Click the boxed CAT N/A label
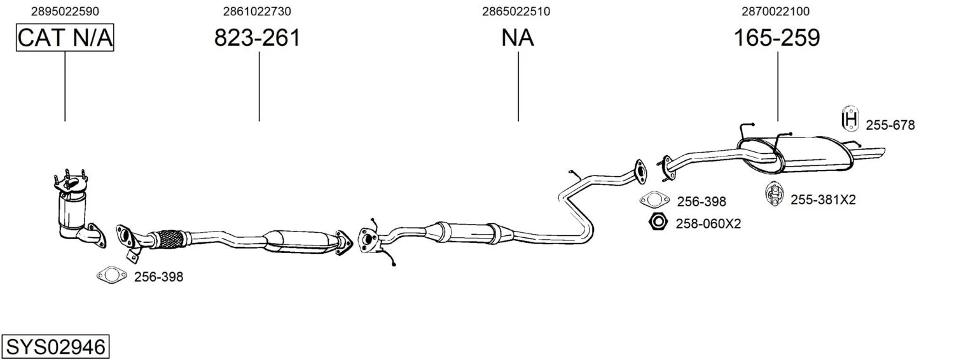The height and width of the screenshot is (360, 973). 65,38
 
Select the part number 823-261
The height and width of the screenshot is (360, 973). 257,38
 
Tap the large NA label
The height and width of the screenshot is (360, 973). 517,38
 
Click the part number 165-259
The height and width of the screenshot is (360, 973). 776,38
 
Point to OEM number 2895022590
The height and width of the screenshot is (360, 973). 65,11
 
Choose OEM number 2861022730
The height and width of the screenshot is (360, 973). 257,11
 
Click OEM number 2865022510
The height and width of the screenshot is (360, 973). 516,11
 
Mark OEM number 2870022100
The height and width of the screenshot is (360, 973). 775,11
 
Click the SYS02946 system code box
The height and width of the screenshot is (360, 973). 55,347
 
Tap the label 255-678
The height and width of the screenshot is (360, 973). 890,125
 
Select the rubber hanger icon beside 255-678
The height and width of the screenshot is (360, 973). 850,118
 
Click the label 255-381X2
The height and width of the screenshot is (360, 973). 823,200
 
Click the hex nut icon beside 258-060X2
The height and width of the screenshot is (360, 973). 658,222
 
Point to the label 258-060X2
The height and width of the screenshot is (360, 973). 708,224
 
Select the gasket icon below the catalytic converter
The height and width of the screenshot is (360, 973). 112,275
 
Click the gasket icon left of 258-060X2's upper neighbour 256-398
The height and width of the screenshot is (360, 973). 654,200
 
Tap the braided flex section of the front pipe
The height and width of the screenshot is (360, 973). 169,239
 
